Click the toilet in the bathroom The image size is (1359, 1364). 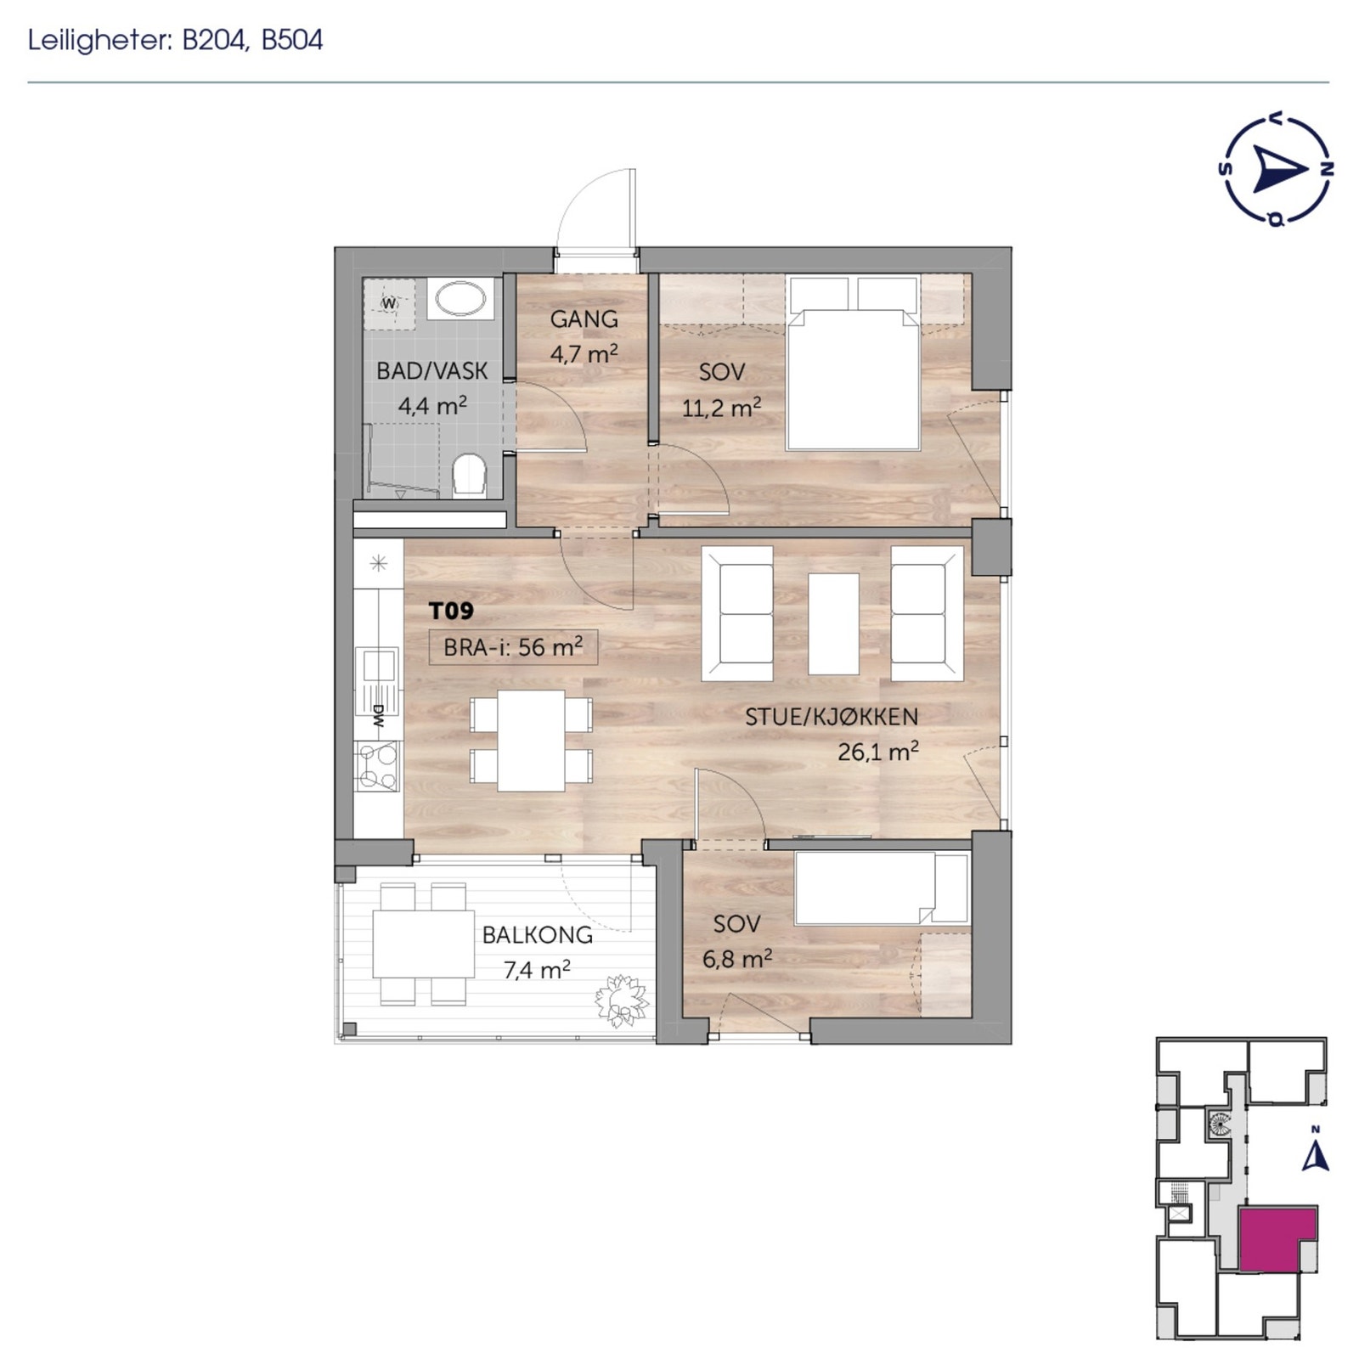pyautogui.click(x=468, y=475)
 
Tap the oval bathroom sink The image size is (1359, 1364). pyautogui.click(x=460, y=298)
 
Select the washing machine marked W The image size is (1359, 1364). pyautogui.click(x=389, y=302)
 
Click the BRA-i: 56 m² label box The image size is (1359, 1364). pyautogui.click(x=513, y=647)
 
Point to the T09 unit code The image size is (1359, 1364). pyautogui.click(x=451, y=611)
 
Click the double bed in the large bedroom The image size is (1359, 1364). pyautogui.click(x=853, y=378)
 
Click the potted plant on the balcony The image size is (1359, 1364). pyautogui.click(x=622, y=1000)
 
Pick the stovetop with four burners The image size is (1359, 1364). pyautogui.click(x=377, y=766)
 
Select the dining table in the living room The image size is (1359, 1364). pyautogui.click(x=532, y=740)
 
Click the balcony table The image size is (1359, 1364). pyautogui.click(x=423, y=944)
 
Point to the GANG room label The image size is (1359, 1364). pyautogui.click(x=584, y=319)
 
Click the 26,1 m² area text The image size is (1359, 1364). pyautogui.click(x=877, y=752)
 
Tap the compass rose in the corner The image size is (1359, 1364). pyautogui.click(x=1275, y=170)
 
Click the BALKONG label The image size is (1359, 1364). pyautogui.click(x=537, y=935)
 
